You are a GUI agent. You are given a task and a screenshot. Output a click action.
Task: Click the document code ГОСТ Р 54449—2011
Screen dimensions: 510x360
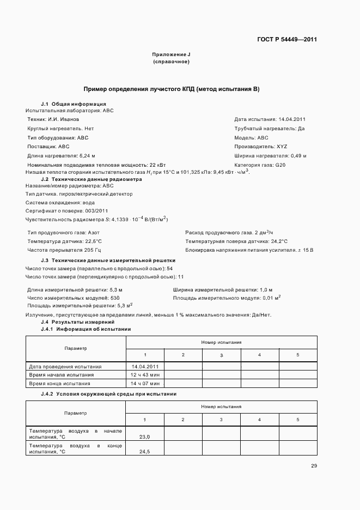(x=286, y=40)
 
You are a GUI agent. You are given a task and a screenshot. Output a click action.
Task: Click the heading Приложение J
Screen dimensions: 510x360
(x=171, y=55)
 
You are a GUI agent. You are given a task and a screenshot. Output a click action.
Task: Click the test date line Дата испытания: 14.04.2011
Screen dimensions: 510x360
(x=270, y=119)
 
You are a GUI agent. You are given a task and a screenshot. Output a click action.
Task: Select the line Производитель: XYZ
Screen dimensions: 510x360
(x=260, y=147)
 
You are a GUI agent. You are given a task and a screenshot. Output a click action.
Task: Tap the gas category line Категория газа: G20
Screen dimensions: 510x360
(x=260, y=165)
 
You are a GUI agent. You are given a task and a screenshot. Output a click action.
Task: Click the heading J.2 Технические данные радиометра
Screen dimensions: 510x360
(x=91, y=179)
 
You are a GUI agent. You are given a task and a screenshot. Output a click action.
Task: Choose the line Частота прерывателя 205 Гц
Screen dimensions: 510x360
(x=64, y=250)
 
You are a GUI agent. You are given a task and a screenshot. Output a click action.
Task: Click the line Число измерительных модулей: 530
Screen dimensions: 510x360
(x=73, y=299)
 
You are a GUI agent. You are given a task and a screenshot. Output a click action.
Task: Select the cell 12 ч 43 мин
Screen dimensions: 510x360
(x=144, y=375)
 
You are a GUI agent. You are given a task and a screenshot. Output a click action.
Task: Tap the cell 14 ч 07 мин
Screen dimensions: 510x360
(x=144, y=384)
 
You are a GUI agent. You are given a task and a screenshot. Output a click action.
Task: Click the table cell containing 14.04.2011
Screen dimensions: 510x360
(x=144, y=367)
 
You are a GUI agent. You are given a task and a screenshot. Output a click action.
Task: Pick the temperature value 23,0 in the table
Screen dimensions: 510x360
(x=144, y=437)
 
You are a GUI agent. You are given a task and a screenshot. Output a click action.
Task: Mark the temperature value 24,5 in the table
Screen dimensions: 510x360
(x=144, y=452)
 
